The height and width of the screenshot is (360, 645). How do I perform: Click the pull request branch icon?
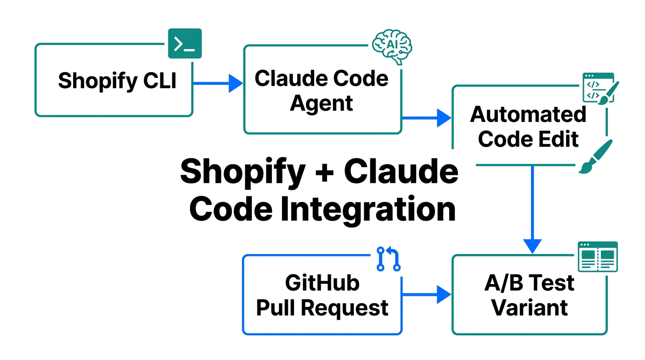389,259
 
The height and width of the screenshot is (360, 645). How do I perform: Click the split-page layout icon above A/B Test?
597,256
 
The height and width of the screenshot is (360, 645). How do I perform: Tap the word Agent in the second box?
322,103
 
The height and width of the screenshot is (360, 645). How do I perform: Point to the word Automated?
528,114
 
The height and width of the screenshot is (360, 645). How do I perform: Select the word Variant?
530,307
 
